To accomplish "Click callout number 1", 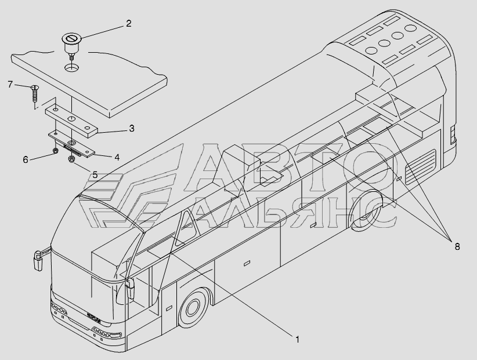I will click(x=297, y=340).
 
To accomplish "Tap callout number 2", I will click(x=128, y=24).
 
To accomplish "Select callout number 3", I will click(x=132, y=128).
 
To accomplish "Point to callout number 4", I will click(x=117, y=157).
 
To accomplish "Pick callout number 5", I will click(x=95, y=173).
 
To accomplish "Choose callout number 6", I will click(x=26, y=159).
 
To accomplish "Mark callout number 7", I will click(x=10, y=85).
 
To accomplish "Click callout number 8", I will click(x=457, y=246).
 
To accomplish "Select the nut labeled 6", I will click(x=54, y=151).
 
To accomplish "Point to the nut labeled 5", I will click(x=71, y=159).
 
